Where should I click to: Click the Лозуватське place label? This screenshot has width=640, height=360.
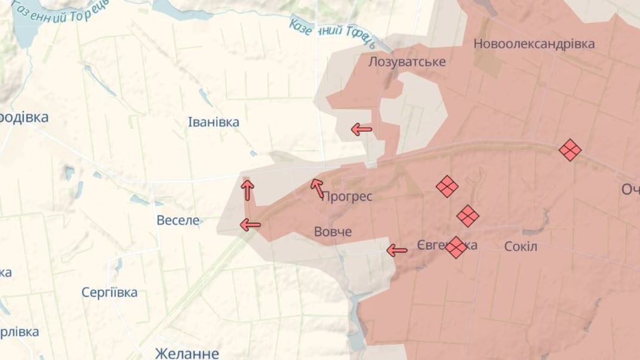point(407,61)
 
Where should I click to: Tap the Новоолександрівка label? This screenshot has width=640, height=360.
point(534,44)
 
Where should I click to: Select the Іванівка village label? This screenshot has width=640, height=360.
point(213,122)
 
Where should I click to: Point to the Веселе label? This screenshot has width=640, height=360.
point(178,220)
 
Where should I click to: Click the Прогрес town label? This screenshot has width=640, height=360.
point(347,196)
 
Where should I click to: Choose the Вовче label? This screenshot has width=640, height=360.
point(333,232)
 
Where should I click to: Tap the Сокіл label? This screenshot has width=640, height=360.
point(521,246)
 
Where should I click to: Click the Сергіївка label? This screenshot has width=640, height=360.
point(109,293)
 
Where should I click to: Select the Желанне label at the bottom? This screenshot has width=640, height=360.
point(186,352)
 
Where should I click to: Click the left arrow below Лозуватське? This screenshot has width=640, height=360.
point(361,129)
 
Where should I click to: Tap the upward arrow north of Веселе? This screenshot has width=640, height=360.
point(247,189)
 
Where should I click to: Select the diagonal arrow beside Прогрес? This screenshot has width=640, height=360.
point(318,187)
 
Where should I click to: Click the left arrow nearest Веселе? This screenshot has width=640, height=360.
point(250,224)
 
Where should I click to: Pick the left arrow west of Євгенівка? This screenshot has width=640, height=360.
point(397,250)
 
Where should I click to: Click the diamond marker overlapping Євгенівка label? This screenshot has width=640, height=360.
point(456,247)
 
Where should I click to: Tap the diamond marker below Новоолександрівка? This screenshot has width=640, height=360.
point(570,149)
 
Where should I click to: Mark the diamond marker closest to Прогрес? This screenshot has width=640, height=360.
point(446,186)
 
